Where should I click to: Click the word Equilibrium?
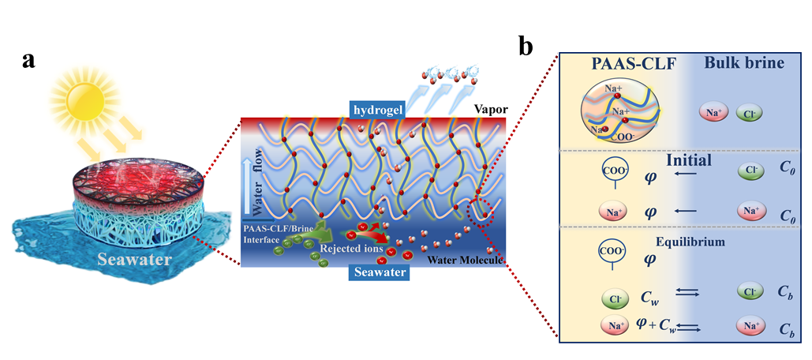[x=693, y=242]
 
